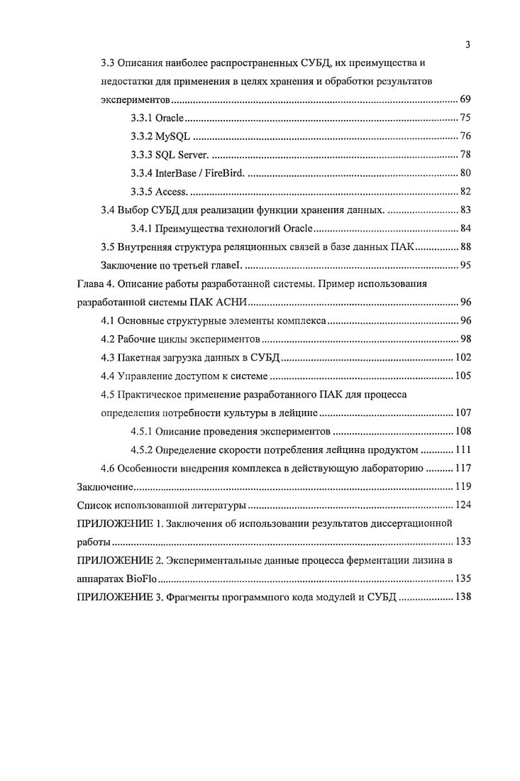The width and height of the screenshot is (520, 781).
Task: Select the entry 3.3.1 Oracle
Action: tap(157, 117)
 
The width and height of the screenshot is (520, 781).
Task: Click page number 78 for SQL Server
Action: tap(465, 154)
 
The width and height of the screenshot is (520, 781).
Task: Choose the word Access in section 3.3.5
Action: tap(170, 191)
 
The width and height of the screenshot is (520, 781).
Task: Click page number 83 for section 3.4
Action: tap(465, 209)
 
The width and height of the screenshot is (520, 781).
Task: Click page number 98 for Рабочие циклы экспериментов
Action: tap(465, 339)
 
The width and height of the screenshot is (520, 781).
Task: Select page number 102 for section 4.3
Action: tap(463, 357)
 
